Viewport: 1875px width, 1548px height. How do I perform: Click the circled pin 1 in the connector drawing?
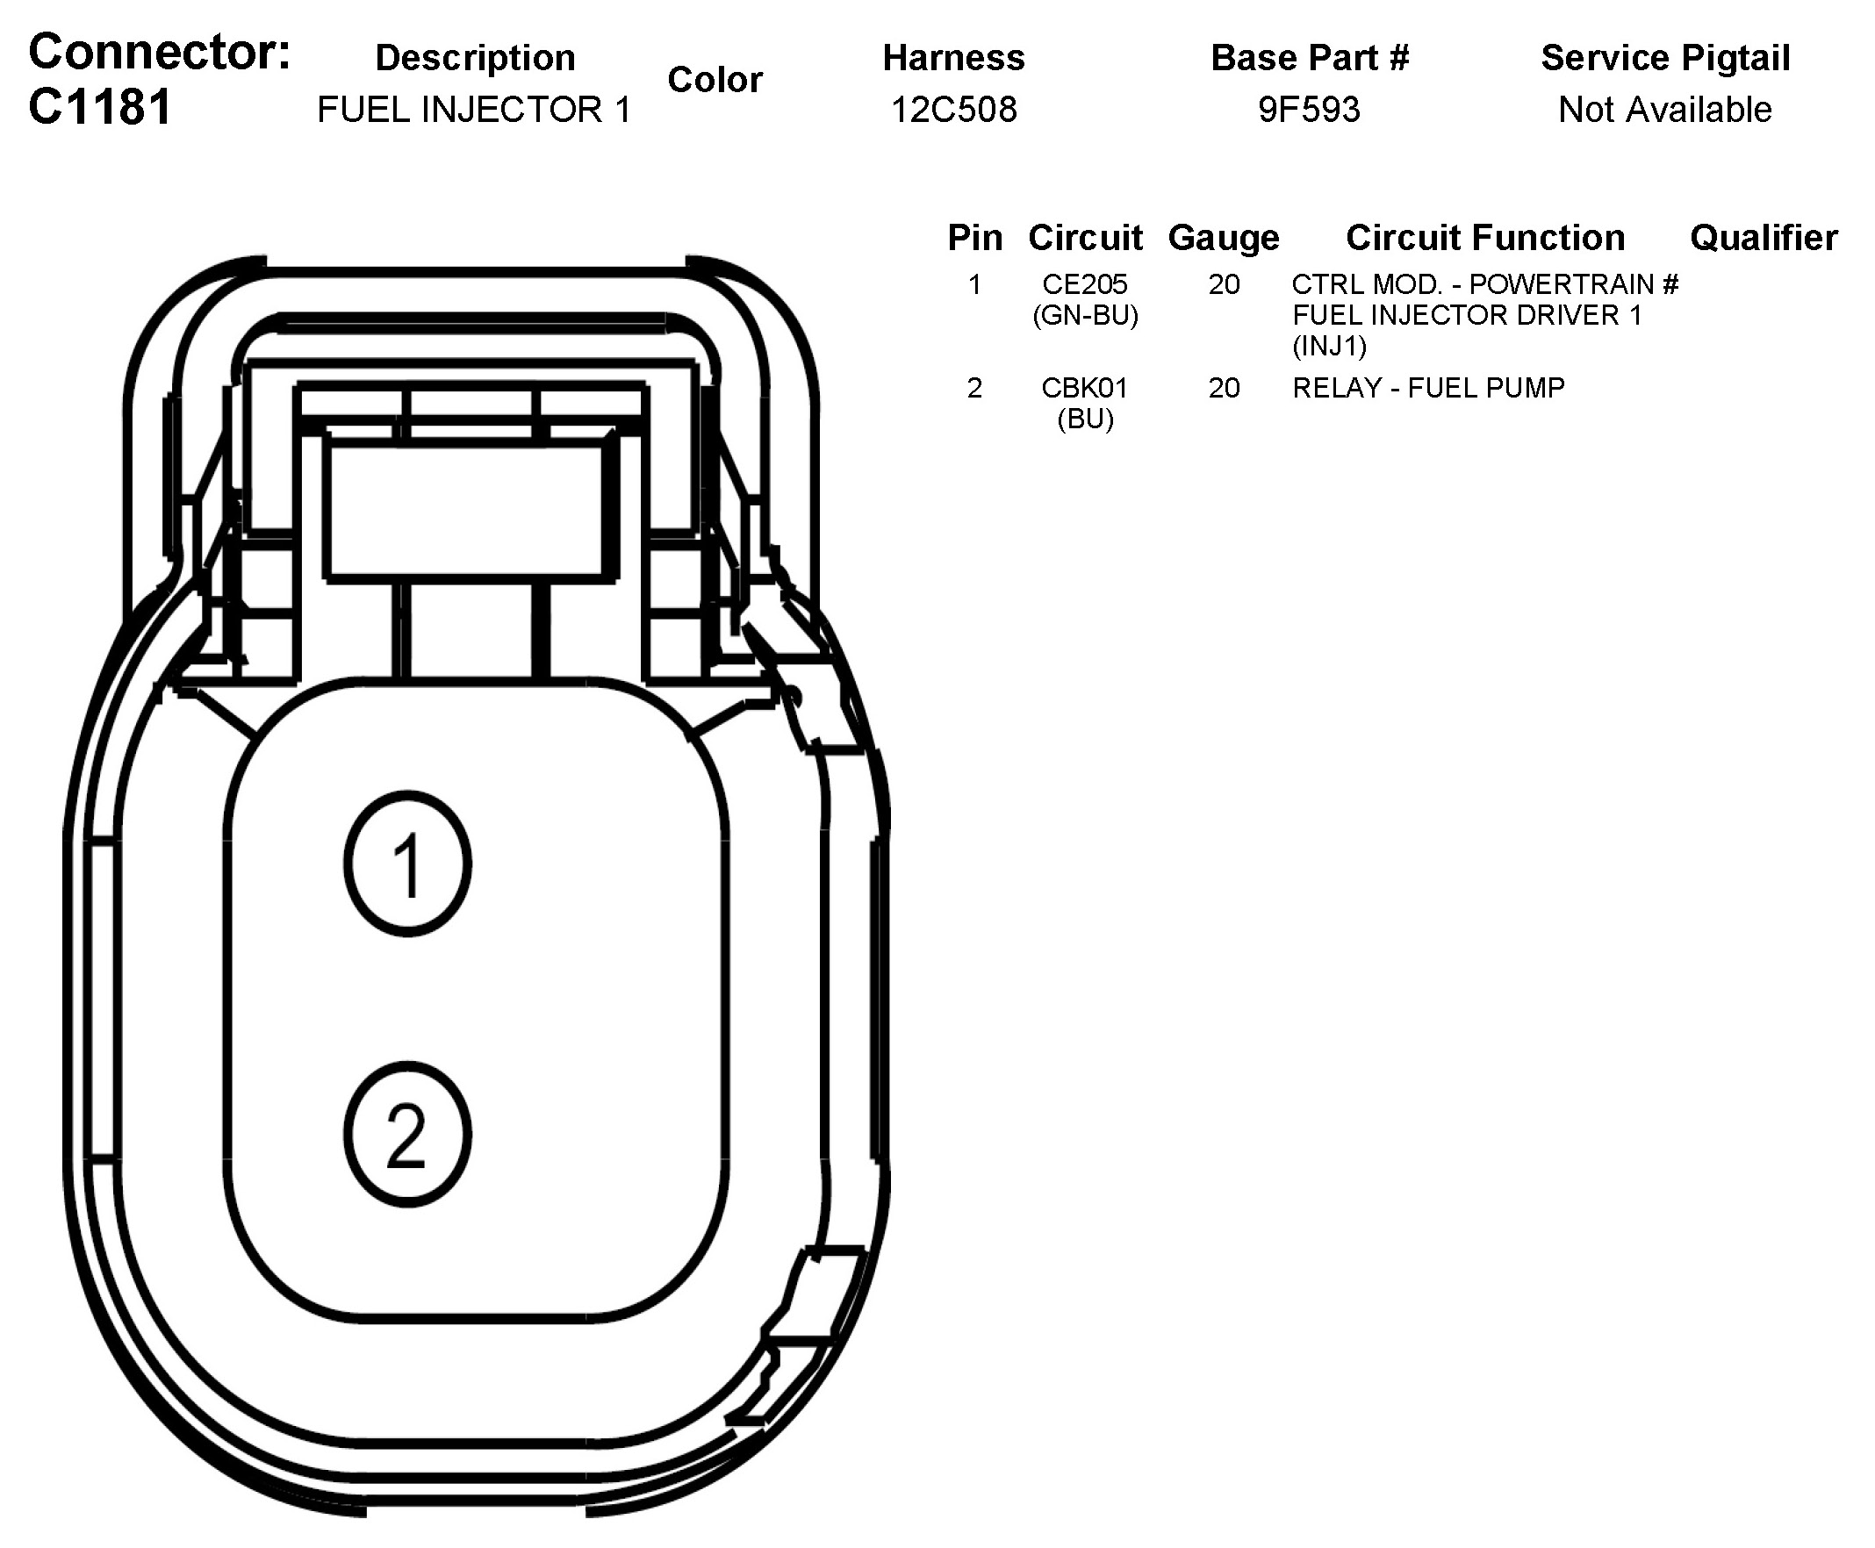tap(407, 864)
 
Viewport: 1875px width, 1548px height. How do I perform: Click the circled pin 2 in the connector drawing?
tap(407, 1135)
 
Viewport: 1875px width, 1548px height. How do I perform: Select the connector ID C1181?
tap(100, 107)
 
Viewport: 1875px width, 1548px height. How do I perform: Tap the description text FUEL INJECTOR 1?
tap(474, 110)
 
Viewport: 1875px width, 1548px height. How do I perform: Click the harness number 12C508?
tap(953, 110)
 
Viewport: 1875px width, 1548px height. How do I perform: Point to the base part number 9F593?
tap(1309, 110)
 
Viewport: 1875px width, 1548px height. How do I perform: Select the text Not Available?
tap(1664, 110)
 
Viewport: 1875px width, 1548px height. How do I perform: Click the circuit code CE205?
tap(1085, 284)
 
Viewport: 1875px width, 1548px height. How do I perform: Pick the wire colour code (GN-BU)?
tap(1085, 316)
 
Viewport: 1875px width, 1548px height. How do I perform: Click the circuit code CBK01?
tap(1085, 388)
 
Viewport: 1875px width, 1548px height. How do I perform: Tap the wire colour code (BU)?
tap(1085, 419)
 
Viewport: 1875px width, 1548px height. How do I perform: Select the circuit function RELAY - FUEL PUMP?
tap(1428, 388)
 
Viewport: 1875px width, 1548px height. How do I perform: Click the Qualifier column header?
tap(1764, 238)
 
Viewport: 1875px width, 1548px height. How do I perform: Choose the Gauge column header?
tap(1223, 238)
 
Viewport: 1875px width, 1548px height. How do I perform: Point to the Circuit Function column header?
tap(1485, 238)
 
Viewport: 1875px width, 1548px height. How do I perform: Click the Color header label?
tap(715, 80)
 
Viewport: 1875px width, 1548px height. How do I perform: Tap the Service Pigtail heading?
tap(1665, 58)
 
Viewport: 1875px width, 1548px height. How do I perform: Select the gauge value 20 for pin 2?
tap(1224, 388)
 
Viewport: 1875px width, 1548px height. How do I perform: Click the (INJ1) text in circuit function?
tap(1329, 346)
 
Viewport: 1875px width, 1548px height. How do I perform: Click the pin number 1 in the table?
tap(974, 284)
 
